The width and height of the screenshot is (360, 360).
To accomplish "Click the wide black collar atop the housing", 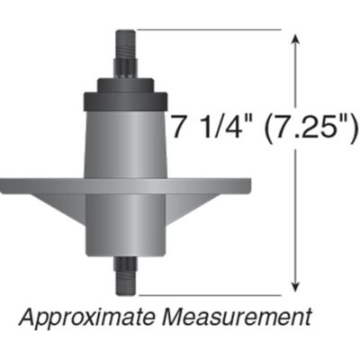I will (x=125, y=100).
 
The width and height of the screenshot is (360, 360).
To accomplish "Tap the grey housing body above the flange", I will (x=125, y=144).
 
